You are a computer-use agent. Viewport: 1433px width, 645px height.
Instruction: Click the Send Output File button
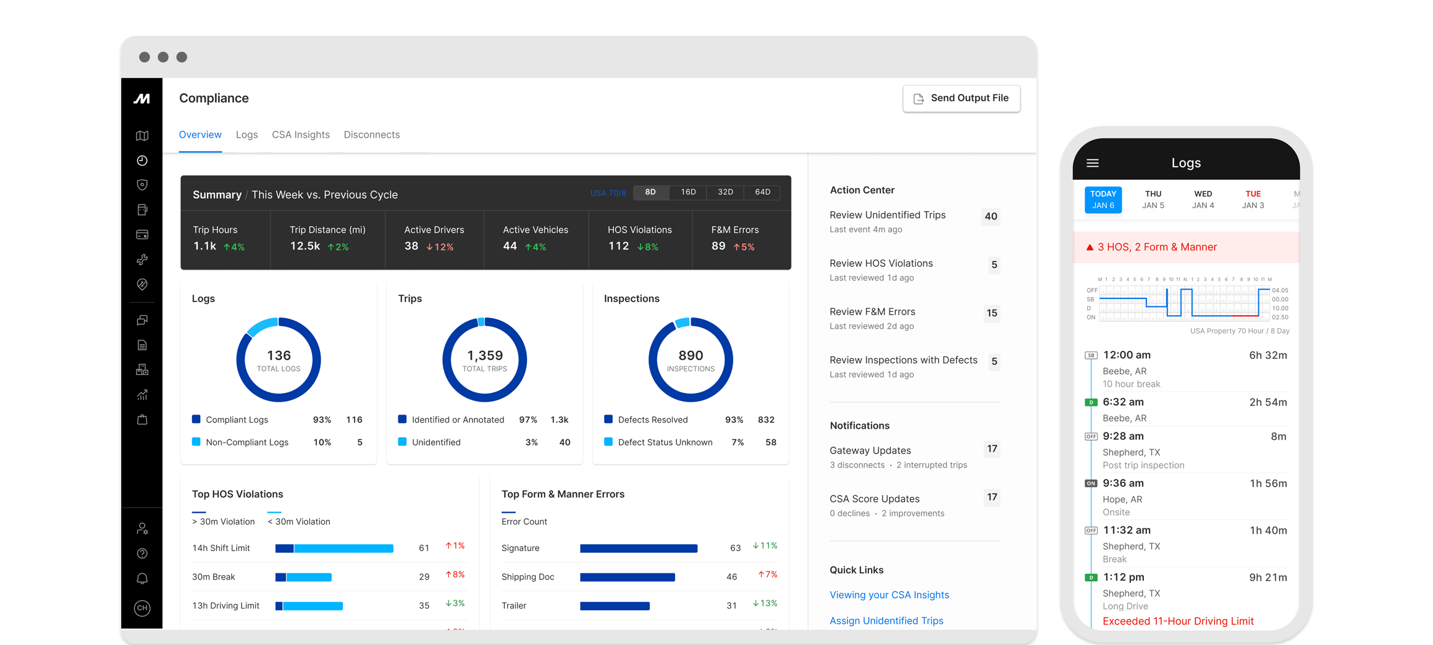961,98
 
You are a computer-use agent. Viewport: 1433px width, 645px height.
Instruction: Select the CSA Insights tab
301,135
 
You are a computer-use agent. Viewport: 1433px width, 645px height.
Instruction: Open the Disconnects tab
371,135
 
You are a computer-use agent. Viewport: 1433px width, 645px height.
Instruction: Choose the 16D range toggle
688,192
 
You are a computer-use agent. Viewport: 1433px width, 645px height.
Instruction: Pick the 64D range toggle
762,192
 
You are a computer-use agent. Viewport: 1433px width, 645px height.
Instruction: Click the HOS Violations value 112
618,246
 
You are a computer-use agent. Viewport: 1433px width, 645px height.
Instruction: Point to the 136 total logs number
279,355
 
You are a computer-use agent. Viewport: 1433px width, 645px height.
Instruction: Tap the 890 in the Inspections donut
691,355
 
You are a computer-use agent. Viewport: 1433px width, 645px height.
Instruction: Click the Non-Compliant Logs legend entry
246,442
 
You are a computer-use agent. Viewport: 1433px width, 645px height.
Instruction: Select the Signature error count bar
639,548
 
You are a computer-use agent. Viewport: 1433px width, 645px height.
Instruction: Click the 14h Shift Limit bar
334,548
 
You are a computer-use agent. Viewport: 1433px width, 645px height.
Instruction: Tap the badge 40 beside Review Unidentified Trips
991,216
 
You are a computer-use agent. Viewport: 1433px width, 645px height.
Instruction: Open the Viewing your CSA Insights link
889,594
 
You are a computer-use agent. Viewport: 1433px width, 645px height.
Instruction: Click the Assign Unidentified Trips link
886,620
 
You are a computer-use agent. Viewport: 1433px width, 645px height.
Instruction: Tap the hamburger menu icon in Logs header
1093,163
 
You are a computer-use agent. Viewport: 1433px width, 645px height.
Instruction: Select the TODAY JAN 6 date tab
1103,200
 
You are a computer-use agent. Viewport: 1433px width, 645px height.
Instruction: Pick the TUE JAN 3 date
1253,200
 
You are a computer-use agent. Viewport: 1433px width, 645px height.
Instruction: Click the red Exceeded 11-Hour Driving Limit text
1178,621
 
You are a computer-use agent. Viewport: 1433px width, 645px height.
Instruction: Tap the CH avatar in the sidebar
142,608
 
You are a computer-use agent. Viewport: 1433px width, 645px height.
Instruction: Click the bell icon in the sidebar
142,578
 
